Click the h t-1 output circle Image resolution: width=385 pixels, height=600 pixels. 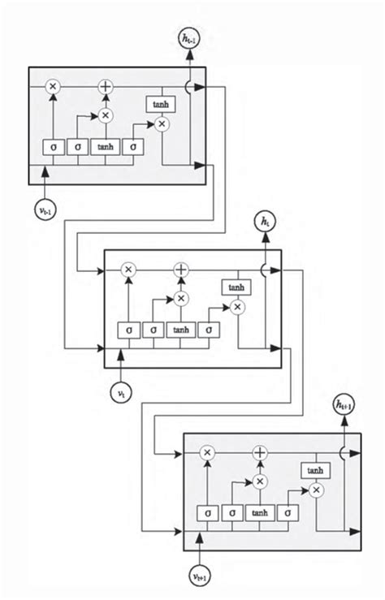coord(189,37)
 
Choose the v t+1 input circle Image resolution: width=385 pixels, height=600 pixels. coord(201,576)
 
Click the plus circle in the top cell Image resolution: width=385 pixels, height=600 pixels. coord(105,86)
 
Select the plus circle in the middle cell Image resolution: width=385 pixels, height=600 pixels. coord(181,270)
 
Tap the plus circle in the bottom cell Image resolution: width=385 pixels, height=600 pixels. coord(260,452)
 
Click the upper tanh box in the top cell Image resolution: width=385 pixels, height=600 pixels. coord(159,104)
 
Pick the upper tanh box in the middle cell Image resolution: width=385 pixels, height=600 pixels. coord(236,287)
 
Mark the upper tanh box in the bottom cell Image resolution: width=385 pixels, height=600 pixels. coord(314,471)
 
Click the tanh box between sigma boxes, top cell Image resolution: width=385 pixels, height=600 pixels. coord(105,147)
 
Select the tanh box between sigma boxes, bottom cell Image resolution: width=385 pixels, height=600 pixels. coord(260,513)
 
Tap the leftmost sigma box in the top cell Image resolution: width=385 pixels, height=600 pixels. coord(53,147)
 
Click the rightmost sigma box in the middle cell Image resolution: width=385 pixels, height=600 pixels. coord(209,330)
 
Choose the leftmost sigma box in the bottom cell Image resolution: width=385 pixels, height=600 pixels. coord(208,513)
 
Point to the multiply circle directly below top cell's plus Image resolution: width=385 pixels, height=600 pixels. coord(105,115)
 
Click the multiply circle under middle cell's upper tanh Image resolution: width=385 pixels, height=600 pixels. coord(236,307)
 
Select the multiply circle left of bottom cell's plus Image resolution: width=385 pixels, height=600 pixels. coord(207,452)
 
